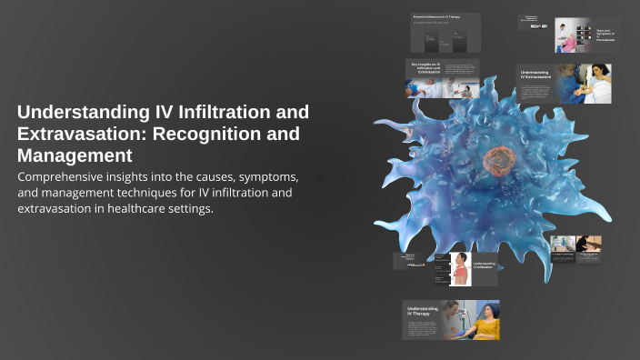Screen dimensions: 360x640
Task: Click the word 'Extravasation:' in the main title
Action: [x=75, y=134]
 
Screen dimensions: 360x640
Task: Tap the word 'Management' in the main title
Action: [x=68, y=155]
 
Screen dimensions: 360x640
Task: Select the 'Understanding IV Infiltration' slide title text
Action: [x=484, y=265]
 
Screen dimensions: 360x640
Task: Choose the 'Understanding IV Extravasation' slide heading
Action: [x=534, y=75]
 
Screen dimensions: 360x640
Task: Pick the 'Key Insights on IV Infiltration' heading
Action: [x=425, y=70]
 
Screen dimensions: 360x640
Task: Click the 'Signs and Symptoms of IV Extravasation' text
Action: [x=606, y=35]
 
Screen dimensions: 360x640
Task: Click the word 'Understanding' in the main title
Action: [x=81, y=113]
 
